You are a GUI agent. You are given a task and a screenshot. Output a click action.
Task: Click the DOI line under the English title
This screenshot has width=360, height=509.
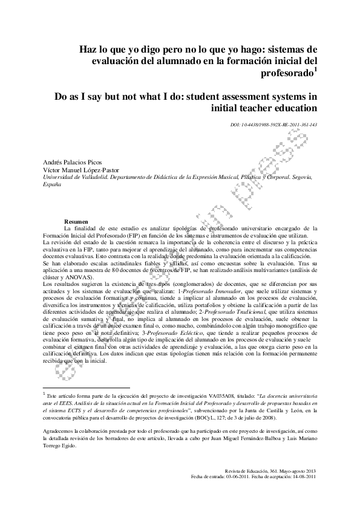(274, 124)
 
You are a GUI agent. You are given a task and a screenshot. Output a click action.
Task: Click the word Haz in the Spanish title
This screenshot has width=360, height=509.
(88, 50)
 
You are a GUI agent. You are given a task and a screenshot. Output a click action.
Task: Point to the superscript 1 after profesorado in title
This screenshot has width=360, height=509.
(315, 70)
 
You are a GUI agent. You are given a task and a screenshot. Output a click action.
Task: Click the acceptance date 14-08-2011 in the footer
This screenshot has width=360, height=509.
(303, 476)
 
